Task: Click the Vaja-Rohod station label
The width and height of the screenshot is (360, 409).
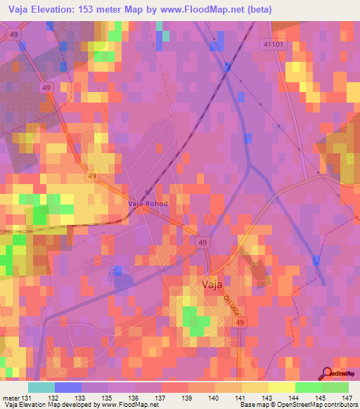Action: pyautogui.click(x=147, y=204)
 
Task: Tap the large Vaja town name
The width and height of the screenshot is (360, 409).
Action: pyautogui.click(x=212, y=285)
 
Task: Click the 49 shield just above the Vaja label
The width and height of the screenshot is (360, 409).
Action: pyautogui.click(x=202, y=242)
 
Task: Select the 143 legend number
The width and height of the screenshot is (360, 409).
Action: pyautogui.click(x=257, y=398)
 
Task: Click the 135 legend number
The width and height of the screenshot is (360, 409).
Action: pyautogui.click(x=105, y=398)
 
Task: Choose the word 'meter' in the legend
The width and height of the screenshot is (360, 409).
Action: pyautogui.click(x=11, y=398)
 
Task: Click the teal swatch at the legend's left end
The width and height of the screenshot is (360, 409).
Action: pyautogui.click(x=41, y=387)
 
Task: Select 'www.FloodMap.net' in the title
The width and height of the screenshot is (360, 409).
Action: pyautogui.click(x=211, y=9)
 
